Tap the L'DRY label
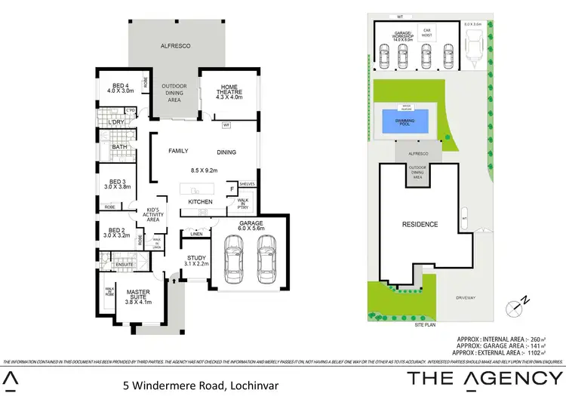pyautogui.click(x=116, y=122)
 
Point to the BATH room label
pyautogui.click(x=119, y=147)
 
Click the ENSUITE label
pyautogui.click(x=124, y=265)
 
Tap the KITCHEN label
pyautogui.click(x=200, y=202)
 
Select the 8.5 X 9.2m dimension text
pyautogui.click(x=204, y=170)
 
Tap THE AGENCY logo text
pyautogui.click(x=484, y=379)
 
